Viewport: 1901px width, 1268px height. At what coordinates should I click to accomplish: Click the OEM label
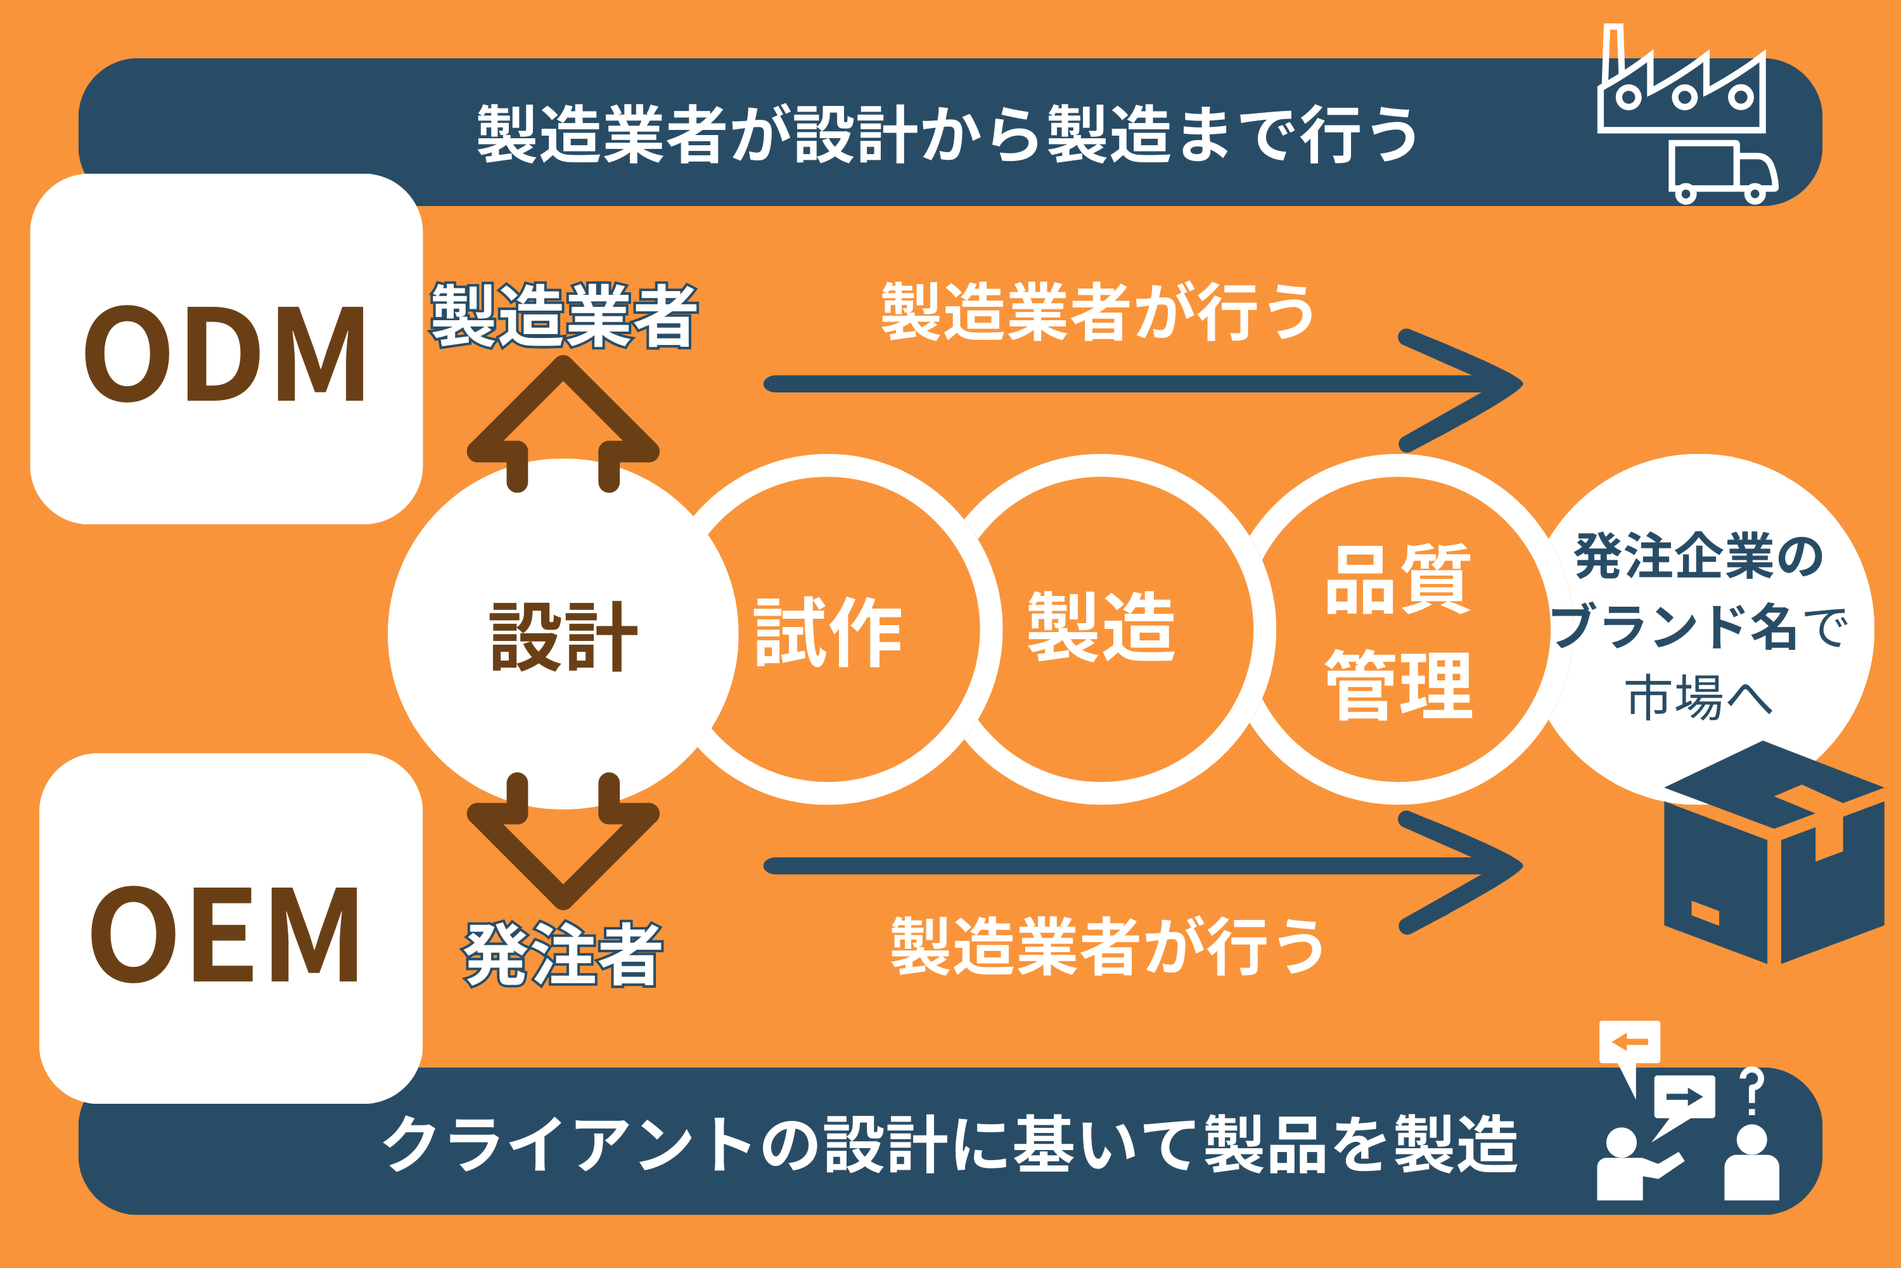coord(225,935)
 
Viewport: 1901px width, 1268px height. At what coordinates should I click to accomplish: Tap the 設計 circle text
coord(563,637)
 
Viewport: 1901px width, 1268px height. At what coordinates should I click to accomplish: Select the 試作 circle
coord(828,631)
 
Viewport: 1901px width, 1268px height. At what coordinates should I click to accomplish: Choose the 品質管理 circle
coord(1399,631)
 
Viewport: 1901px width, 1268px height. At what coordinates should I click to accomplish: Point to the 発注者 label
coord(563,954)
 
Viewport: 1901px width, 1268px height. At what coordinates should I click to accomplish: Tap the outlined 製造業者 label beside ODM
coord(563,315)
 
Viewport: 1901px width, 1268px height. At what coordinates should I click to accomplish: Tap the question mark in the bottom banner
coord(1751,1092)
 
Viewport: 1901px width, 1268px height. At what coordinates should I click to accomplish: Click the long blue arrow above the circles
coord(1132,384)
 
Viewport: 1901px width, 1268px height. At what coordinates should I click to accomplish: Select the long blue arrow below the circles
coord(1132,866)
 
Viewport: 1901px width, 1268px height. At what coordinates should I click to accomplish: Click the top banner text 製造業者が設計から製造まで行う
coord(945,133)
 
